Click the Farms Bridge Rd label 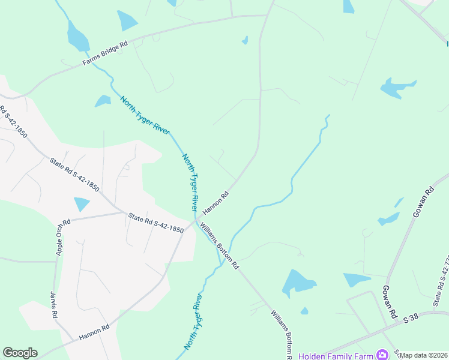tap(106, 53)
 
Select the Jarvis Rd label tap(53, 306)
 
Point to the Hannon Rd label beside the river tap(217, 203)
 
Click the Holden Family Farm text tap(336, 355)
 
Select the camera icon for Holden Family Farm tap(381, 355)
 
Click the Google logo tap(20, 353)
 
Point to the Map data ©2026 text tap(424, 355)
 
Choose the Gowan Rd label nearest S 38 tap(388, 302)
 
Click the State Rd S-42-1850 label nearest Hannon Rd tap(155, 223)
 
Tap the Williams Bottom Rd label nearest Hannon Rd tap(220, 246)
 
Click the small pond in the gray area tap(81, 204)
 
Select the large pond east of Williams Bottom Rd tap(298, 281)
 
